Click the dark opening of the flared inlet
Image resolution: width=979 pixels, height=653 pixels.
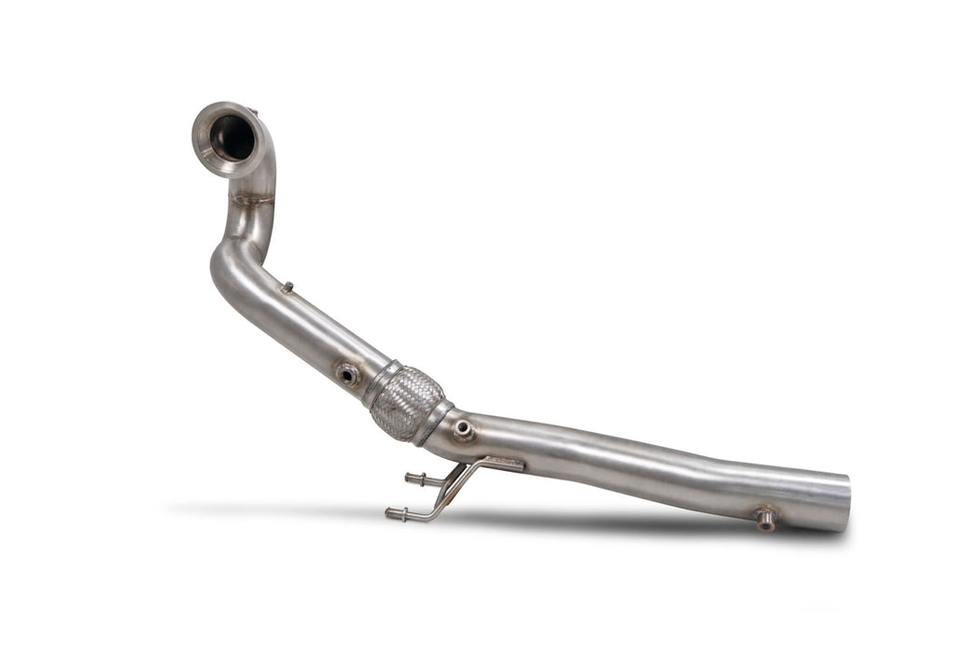point(232,139)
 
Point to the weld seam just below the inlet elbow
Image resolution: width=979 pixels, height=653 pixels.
point(252,199)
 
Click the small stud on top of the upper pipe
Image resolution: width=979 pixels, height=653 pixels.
point(288,287)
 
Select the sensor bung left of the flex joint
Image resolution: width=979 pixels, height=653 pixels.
point(347,375)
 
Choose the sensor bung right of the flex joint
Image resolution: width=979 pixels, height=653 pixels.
point(463,430)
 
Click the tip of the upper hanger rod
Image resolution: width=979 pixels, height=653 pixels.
point(408,479)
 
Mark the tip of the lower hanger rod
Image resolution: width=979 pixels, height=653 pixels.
point(389,511)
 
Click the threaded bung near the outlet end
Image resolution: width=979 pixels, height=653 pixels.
point(764,519)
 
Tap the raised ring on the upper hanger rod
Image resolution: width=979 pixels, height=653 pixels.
point(421,480)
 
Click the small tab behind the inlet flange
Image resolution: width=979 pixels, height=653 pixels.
point(254,113)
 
